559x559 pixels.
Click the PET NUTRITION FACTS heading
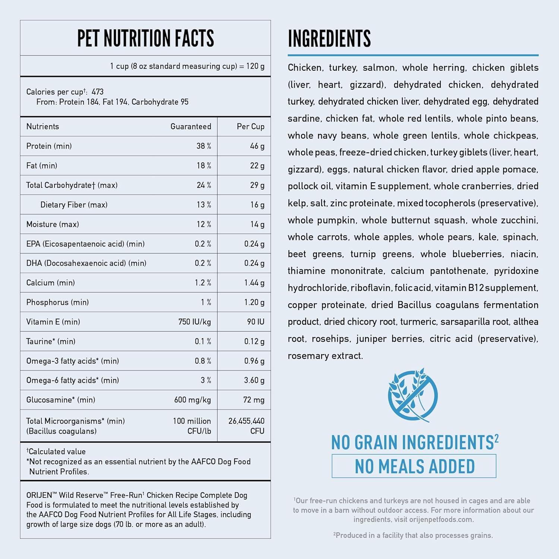pos(145,38)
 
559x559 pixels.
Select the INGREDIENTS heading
pos(329,38)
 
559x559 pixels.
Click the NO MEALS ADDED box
pos(414,466)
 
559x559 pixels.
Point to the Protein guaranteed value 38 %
pos(203,146)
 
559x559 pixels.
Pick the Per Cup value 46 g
pos(257,146)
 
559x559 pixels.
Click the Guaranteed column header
pos(190,127)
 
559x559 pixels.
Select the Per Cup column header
pos(250,127)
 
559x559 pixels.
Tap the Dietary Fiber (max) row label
pos(74,205)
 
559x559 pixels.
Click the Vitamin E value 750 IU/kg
pos(195,322)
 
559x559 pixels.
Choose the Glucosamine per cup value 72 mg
pos(253,400)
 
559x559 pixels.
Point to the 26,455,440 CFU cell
pos(246,426)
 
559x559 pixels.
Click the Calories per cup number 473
pos(98,92)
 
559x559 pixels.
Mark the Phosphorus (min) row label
pos(57,302)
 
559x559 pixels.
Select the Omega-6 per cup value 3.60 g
pos(254,380)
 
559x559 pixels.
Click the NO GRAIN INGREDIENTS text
pos(413,443)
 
